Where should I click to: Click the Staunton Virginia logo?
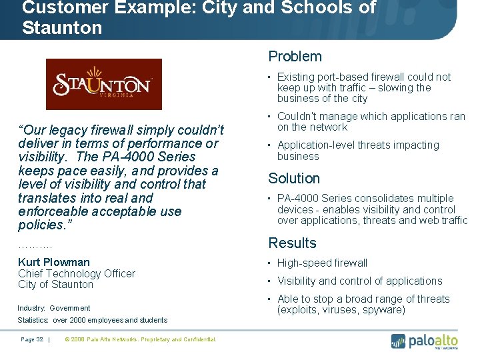(x=103, y=84)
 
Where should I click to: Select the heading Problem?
(x=295, y=57)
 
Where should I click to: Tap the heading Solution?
(x=294, y=178)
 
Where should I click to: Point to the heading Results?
(x=292, y=243)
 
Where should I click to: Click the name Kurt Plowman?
(x=54, y=262)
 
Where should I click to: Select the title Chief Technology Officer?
(x=77, y=273)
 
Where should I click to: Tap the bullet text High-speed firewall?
(x=322, y=263)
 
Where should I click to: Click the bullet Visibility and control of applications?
(x=359, y=281)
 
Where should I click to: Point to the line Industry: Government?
(x=54, y=308)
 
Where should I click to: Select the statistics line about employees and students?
(x=93, y=320)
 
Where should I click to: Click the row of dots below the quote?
(x=35, y=246)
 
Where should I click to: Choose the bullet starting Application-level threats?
(x=358, y=151)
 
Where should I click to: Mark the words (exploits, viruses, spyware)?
(x=341, y=310)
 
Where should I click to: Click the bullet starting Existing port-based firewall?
(x=364, y=87)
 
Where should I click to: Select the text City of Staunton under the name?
(x=56, y=285)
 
